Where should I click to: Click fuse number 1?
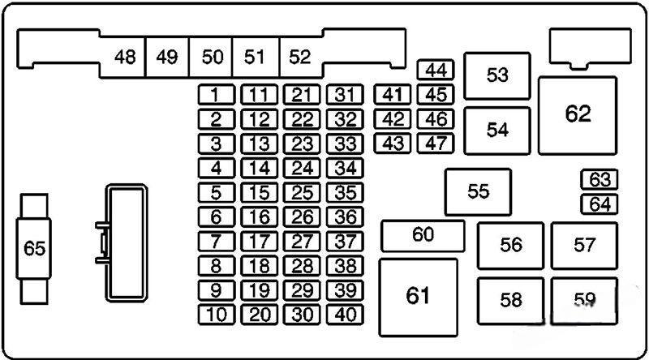coord(216,96)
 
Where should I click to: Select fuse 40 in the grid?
coord(346,315)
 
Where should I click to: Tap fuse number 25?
coord(303,193)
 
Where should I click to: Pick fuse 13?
coord(260,144)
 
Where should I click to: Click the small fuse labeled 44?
coord(436,71)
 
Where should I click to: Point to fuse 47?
coord(436,144)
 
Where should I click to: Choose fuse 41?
coord(393,96)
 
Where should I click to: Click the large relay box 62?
coord(578,114)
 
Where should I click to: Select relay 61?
coord(418,296)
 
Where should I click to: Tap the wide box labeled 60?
coord(423,236)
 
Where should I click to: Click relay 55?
coord(479,191)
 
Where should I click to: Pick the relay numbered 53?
coord(497,75)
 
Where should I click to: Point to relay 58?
coord(510,301)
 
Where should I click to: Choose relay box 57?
coord(584,245)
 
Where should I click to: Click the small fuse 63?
coord(600,179)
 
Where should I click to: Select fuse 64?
coord(600,204)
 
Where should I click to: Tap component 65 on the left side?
coord(34,249)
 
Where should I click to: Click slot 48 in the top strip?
coord(125,58)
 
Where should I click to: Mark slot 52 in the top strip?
coord(300,58)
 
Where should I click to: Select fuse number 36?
coord(346,217)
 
